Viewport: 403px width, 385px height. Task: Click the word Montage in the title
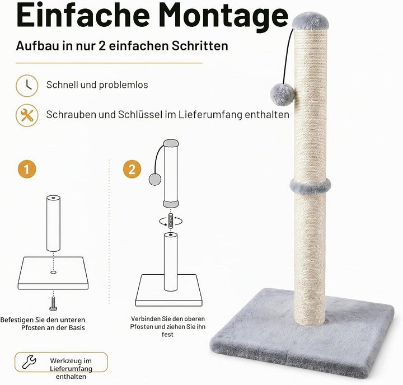point(223,16)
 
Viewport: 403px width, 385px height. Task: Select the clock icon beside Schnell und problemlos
point(27,86)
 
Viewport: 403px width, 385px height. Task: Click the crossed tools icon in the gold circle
point(27,115)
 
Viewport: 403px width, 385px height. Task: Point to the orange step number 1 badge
point(27,169)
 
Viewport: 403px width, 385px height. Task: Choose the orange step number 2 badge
point(132,169)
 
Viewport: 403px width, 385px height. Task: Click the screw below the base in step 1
point(53,304)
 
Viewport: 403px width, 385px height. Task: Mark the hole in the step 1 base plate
point(53,272)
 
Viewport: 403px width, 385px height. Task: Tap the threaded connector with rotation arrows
point(171,221)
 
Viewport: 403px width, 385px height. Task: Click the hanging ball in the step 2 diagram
point(155,180)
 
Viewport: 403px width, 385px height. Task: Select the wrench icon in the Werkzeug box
point(29,362)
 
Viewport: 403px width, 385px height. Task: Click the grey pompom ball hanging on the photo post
point(282,95)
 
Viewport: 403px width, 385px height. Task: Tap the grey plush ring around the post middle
point(310,185)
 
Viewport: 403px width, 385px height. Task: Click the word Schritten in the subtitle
point(200,46)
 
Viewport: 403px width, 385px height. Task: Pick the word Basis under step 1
point(77,328)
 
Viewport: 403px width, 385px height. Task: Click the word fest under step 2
point(167,335)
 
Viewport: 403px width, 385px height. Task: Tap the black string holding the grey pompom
point(288,56)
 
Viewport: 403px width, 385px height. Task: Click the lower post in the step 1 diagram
point(54,223)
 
